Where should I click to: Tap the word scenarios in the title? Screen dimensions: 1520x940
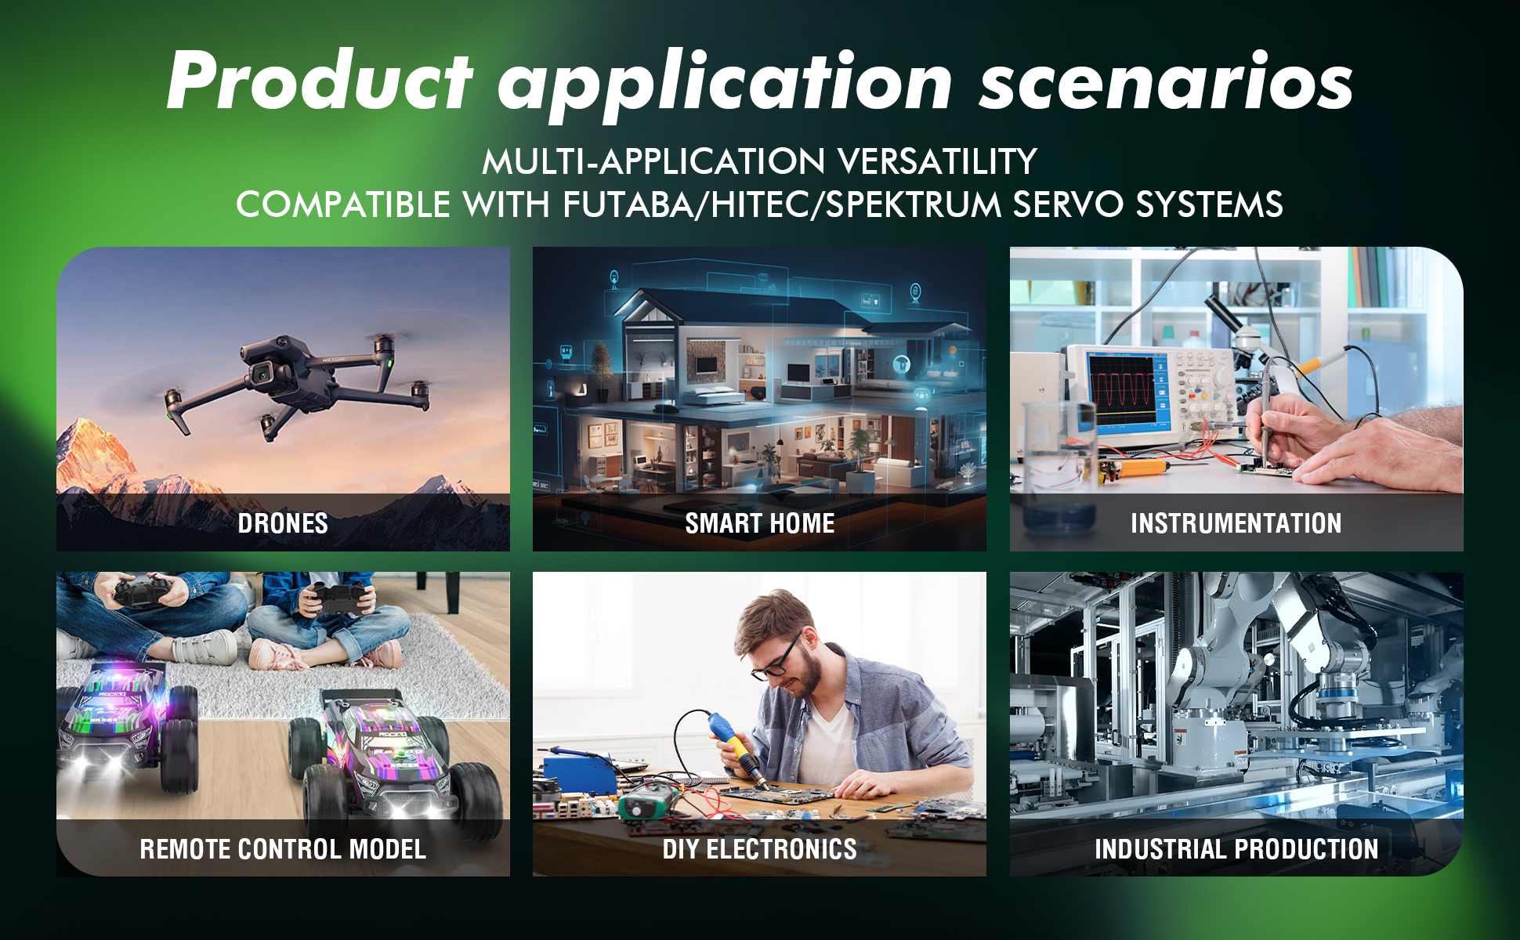pos(1166,81)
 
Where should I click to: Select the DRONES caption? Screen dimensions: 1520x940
pos(283,523)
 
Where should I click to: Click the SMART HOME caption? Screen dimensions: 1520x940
pos(759,523)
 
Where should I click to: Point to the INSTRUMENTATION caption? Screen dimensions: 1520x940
pos(1236,523)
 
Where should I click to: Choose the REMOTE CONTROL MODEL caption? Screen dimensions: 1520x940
pos(283,848)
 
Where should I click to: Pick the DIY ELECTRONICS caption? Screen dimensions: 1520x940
pos(759,848)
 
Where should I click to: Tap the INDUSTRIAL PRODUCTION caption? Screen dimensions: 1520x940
pos(1236,848)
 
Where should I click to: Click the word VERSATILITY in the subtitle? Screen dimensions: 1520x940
pos(937,161)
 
